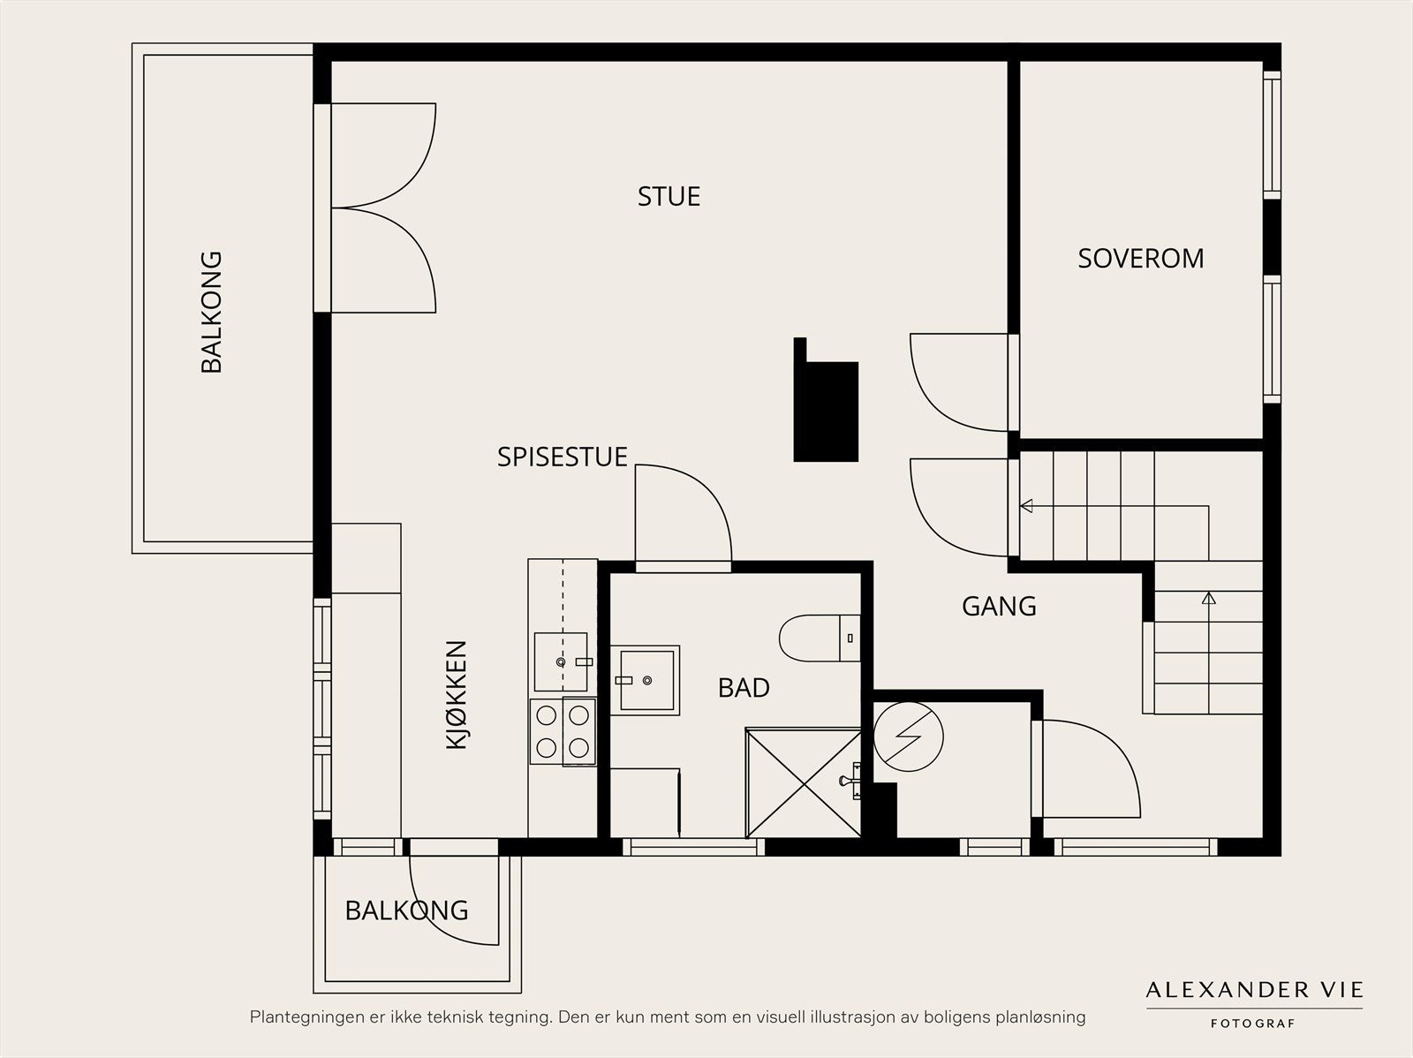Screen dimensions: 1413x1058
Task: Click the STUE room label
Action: pos(669,196)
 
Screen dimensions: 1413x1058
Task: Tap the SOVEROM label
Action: pos(1141,259)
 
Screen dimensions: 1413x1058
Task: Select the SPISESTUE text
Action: pos(562,457)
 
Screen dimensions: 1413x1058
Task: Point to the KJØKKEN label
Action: pos(457,695)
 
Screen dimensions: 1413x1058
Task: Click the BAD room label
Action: pos(744,688)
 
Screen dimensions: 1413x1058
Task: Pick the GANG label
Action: pos(999,606)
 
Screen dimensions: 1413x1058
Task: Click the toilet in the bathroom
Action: pos(820,639)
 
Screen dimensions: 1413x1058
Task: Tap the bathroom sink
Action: pos(645,680)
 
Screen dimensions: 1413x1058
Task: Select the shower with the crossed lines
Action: pos(804,783)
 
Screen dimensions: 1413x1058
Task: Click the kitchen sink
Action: pos(562,661)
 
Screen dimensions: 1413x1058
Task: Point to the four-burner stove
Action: pos(563,732)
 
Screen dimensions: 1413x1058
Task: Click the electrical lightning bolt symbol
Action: pos(908,737)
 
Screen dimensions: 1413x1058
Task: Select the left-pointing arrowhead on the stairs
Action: pos(1026,506)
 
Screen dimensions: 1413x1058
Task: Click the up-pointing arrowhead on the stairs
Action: pos(1208,599)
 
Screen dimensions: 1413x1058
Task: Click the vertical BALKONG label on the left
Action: pos(211,312)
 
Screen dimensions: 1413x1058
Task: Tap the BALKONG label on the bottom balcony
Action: pos(407,911)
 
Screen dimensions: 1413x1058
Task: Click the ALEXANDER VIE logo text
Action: pos(1254,990)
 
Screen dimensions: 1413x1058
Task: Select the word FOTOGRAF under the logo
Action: pos(1252,1024)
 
